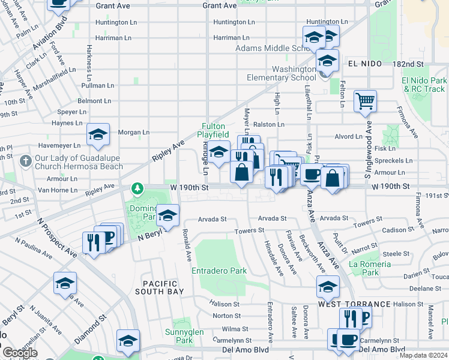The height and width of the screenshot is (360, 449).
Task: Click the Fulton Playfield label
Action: click(x=213, y=131)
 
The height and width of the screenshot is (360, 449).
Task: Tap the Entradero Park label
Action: click(x=219, y=271)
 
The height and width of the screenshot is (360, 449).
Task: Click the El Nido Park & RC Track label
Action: click(x=424, y=85)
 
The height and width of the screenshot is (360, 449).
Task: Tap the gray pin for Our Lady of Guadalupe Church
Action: click(x=25, y=161)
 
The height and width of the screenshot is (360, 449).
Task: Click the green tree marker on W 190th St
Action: click(x=138, y=188)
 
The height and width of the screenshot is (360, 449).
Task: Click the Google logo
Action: click(x=20, y=353)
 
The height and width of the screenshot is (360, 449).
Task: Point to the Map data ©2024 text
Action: click(x=423, y=355)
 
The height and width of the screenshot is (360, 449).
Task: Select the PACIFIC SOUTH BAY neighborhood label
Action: click(x=160, y=288)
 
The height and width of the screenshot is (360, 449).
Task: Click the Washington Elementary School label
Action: click(x=281, y=73)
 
